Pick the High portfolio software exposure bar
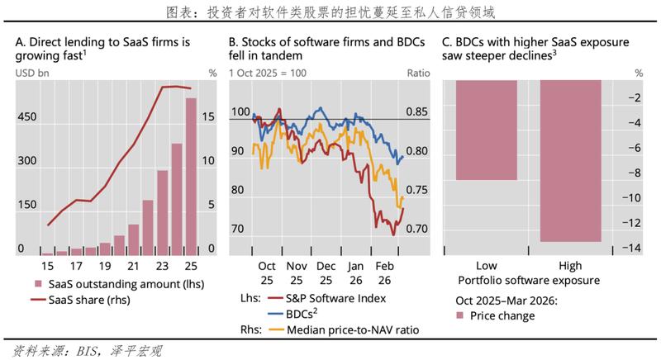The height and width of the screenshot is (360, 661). pos(571,161)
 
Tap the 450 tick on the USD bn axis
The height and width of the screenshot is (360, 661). pos(26,117)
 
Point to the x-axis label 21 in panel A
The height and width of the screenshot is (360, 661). pos(133,266)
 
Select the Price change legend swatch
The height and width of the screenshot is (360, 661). pos(460,315)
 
